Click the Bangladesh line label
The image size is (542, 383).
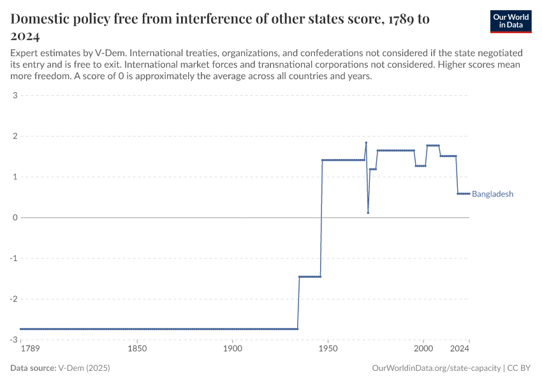click(492, 194)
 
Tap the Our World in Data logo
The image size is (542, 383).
click(510, 21)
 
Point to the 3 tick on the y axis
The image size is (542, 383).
click(14, 96)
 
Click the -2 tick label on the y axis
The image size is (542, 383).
click(13, 299)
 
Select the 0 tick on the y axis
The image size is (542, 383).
click(14, 218)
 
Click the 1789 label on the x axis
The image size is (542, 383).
click(29, 349)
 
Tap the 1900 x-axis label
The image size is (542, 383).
click(233, 349)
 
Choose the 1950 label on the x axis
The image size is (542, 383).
click(328, 349)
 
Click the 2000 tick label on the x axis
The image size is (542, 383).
click(423, 349)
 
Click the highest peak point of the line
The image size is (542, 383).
click(366, 143)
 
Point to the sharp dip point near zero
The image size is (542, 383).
click(368, 213)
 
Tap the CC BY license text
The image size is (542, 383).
click(519, 368)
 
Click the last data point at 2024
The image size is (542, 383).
click(469, 193)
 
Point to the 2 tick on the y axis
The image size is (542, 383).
click(14, 137)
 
